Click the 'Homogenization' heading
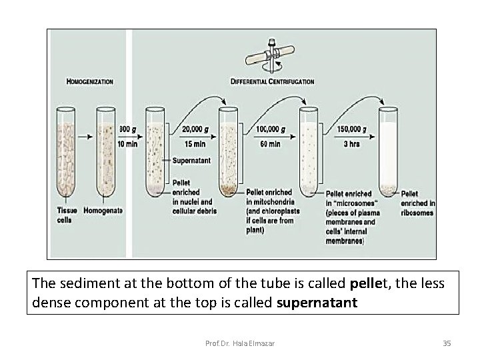point(90,82)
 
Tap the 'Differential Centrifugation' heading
point(273,82)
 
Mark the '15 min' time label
point(194,143)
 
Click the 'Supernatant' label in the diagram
point(192,161)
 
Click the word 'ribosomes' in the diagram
point(417,213)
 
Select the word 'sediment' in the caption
point(79,283)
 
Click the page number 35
point(447,343)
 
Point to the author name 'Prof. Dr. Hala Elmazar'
point(240,343)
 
